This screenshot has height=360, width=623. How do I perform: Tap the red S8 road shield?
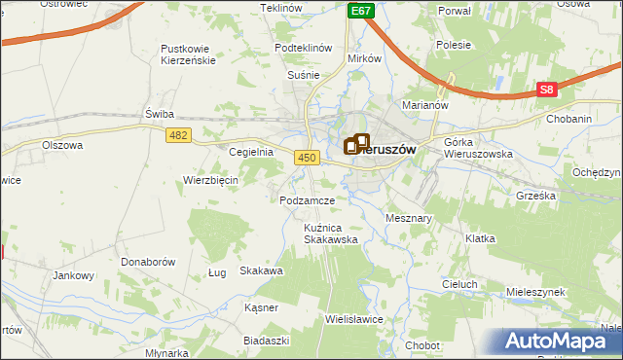point(548,90)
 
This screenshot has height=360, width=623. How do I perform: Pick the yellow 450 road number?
point(308,158)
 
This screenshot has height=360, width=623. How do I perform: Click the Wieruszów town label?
point(387,149)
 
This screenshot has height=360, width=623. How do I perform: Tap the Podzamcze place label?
point(307,199)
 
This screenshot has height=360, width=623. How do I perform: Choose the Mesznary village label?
point(409,219)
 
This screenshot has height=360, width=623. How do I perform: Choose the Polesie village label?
point(454,45)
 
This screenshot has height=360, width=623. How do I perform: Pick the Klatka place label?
point(481,238)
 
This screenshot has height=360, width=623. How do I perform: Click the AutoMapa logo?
point(559,342)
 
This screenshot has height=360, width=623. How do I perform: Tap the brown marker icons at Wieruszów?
point(356,145)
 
